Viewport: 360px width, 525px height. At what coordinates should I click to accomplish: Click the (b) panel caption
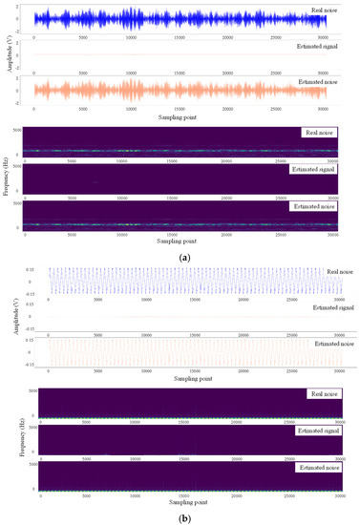click(180, 517)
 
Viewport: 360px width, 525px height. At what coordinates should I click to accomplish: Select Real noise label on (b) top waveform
click(334, 273)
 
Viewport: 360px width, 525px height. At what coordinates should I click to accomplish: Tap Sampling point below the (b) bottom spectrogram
click(180, 499)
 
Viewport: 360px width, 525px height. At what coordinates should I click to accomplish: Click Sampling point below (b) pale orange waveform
click(180, 378)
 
